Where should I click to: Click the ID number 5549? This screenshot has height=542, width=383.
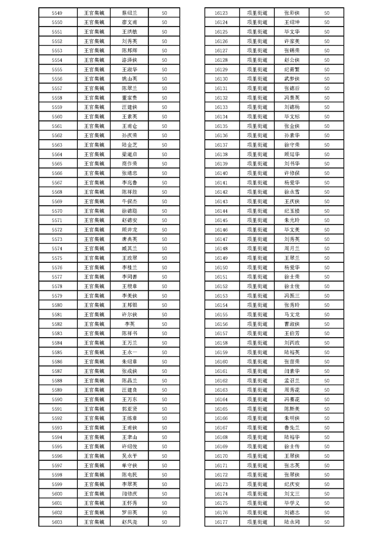pos(57,13)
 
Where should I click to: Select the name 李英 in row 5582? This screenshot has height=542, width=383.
pos(129,324)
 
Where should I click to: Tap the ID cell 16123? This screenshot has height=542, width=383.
pos(221,13)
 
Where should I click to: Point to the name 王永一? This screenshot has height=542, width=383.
pos(129,352)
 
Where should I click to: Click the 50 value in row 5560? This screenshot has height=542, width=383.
pos(164,116)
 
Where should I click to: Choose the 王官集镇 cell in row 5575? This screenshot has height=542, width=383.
pos(94,258)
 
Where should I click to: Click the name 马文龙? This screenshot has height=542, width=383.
pos(292,314)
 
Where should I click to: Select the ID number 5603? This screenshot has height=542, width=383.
pos(57,522)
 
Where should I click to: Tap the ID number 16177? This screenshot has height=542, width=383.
pos(221,522)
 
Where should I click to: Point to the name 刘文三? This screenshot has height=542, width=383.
pos(292,494)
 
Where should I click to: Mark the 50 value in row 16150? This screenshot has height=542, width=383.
pos(327,267)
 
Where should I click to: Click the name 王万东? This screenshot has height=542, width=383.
pos(129,399)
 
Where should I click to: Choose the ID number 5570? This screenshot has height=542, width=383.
pos(57,211)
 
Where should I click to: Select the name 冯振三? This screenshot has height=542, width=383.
pos(292,296)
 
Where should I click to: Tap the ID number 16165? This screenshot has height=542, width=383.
pos(221,409)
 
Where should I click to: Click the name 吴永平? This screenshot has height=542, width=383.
pos(129,456)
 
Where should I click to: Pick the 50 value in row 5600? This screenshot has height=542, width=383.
pos(164,494)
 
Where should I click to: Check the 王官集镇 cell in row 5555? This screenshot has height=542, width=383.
pos(94,70)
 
